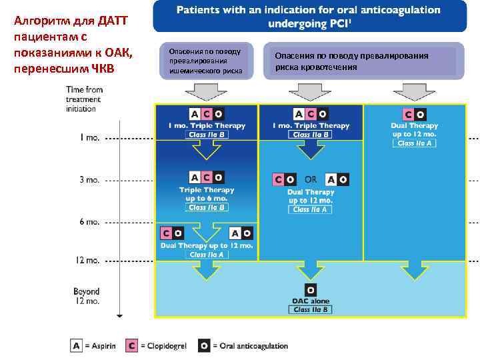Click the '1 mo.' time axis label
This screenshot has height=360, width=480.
click(x=90, y=139)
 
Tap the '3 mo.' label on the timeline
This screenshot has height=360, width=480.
click(x=90, y=179)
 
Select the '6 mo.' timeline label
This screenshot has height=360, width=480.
click(x=90, y=221)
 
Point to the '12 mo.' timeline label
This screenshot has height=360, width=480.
click(x=87, y=261)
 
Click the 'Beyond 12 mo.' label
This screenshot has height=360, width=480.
click(x=87, y=296)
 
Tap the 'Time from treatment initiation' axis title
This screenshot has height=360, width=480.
click(x=85, y=99)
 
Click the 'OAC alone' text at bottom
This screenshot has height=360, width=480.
click(x=311, y=301)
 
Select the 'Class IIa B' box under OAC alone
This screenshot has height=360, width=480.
click(x=311, y=310)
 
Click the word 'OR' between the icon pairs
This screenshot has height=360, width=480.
click(x=311, y=179)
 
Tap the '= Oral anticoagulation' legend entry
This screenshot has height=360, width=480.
click(x=250, y=345)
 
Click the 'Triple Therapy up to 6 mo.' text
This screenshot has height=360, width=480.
click(x=207, y=194)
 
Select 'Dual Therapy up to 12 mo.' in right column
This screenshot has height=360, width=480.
click(x=415, y=129)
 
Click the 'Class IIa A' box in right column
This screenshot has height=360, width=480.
click(x=415, y=143)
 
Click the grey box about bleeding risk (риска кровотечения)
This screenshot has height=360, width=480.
click(x=364, y=61)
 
